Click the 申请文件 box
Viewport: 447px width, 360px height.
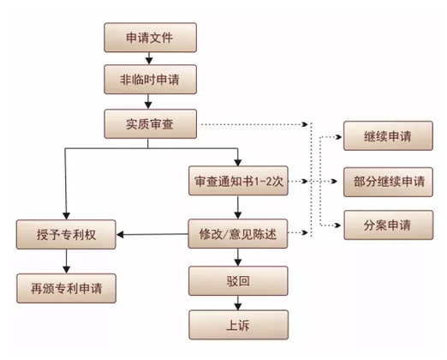(x=150, y=37)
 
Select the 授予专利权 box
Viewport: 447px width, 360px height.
(x=66, y=233)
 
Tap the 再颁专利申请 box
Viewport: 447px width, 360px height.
(x=66, y=287)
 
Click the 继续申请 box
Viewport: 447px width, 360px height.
(x=387, y=137)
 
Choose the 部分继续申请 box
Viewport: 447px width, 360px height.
(x=387, y=182)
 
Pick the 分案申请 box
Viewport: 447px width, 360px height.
(x=387, y=226)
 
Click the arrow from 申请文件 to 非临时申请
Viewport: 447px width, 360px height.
(x=150, y=58)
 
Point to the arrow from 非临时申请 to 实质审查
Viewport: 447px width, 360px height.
(x=150, y=101)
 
